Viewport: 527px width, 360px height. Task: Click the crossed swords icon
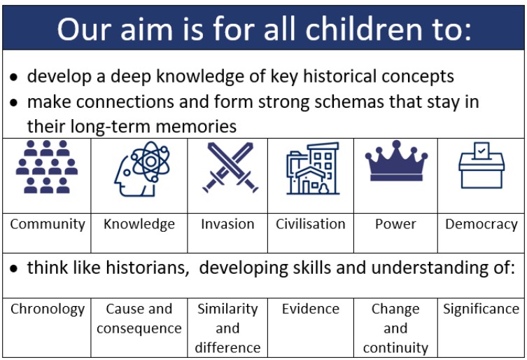[x=230, y=167]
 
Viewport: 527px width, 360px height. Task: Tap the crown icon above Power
[x=396, y=161]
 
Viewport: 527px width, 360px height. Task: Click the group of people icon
[x=47, y=167]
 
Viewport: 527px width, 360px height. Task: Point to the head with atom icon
[x=141, y=169]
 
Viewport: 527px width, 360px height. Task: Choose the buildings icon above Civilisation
[x=313, y=168]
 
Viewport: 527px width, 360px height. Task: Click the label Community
[x=48, y=224]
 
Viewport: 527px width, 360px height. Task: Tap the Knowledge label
[x=139, y=224]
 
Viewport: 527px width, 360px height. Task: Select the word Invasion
[x=227, y=224]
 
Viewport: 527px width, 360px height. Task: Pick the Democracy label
[x=482, y=224]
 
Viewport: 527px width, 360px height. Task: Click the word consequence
[x=139, y=328]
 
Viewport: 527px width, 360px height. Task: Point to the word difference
[x=227, y=348]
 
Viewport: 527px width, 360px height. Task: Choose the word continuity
[x=395, y=348]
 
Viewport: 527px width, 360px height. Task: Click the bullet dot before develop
[x=13, y=77]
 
